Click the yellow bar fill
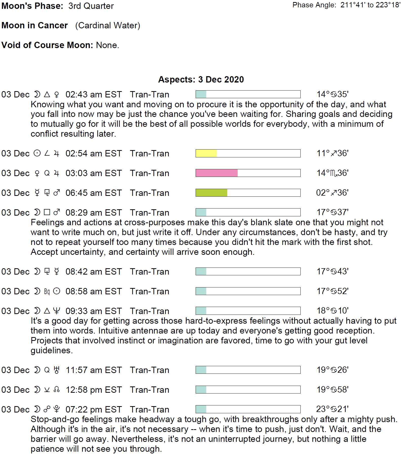(206, 153)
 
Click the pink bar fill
(217, 173)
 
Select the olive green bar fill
(211, 193)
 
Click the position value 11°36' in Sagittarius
(333, 153)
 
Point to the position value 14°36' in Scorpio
(333, 173)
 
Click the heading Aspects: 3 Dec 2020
(201, 79)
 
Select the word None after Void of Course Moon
(107, 45)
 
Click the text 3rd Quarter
(91, 6)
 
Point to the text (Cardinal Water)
(108, 25)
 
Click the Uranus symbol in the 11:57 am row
(57, 370)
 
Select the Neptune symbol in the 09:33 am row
(57, 311)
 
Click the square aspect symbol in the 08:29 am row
(47, 212)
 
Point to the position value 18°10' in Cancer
(333, 311)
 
